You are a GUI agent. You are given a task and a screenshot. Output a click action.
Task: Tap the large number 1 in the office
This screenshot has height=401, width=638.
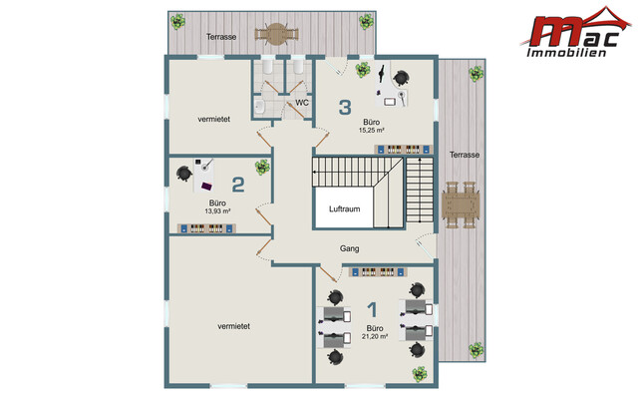[x=372, y=309]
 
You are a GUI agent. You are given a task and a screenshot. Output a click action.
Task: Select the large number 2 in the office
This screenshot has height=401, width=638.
[x=238, y=184]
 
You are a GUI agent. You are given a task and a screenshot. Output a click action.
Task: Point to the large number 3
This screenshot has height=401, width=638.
[x=345, y=107]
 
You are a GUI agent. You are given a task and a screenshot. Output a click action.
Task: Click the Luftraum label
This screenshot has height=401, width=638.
[x=344, y=208]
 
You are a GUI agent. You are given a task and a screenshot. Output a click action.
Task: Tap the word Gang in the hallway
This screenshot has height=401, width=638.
[x=350, y=248]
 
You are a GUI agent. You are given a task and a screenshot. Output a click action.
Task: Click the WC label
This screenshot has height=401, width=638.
[x=302, y=103]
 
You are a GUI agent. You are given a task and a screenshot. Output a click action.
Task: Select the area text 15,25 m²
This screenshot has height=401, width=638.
[x=372, y=131]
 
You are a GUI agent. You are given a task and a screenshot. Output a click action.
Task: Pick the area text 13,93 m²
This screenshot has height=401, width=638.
[x=217, y=211]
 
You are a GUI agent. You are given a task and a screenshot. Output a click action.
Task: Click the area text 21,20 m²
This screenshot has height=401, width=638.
[x=375, y=337]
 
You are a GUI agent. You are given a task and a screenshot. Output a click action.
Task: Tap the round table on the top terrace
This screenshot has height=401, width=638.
[x=277, y=34]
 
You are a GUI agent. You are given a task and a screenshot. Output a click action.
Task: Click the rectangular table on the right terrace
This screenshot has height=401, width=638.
[x=461, y=204]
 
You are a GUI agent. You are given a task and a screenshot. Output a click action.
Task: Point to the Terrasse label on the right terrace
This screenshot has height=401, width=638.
[x=465, y=155]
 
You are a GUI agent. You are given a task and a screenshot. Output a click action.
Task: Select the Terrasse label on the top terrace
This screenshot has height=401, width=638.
[x=221, y=37]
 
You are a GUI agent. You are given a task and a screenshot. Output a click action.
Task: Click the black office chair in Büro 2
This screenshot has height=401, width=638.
[x=184, y=174]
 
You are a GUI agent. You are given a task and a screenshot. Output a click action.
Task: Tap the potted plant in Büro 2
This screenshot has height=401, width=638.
[x=262, y=167]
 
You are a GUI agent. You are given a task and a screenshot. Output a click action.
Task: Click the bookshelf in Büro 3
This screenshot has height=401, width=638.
[x=402, y=150]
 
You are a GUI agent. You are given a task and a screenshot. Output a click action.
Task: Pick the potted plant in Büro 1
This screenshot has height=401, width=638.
[x=420, y=374]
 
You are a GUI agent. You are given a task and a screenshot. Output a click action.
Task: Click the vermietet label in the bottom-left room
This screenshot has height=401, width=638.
[x=233, y=326]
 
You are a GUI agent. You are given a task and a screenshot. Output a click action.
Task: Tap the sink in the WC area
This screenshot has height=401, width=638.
[x=259, y=107]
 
